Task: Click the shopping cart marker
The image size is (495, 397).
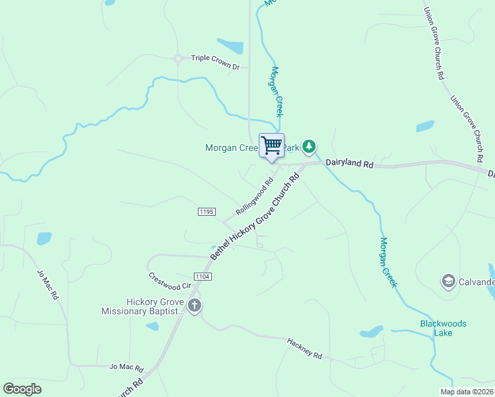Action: (x=271, y=146)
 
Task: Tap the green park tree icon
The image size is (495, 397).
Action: (x=308, y=146)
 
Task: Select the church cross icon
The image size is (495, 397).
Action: (x=194, y=306)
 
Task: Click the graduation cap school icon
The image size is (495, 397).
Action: (x=448, y=282)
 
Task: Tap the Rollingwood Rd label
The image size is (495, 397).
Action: (x=255, y=198)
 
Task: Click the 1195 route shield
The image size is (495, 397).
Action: (x=206, y=211)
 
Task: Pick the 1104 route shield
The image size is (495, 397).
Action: (x=202, y=275)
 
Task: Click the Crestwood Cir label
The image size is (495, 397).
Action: (x=169, y=281)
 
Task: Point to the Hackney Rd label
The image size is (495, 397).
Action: (x=304, y=349)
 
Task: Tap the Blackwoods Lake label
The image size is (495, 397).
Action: (x=443, y=328)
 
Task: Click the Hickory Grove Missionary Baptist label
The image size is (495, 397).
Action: (x=142, y=306)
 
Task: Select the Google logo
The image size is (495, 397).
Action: (x=22, y=389)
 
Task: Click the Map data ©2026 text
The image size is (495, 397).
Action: (x=467, y=392)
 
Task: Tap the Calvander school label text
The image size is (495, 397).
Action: (x=476, y=283)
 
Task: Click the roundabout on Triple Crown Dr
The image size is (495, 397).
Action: (x=178, y=58)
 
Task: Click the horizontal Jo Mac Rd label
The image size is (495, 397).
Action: (x=126, y=367)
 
